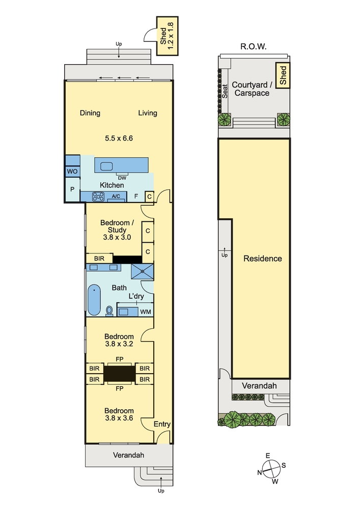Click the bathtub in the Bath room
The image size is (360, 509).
[94, 300]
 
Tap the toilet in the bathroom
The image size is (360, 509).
[109, 310]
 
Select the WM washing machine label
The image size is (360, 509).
[146, 312]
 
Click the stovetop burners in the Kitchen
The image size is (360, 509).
[98, 196]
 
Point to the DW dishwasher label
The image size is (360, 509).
[122, 178]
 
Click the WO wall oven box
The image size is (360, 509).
[72, 171]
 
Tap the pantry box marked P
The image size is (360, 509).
[72, 189]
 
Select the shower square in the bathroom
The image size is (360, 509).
[143, 271]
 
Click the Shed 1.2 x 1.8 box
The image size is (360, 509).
[167, 36]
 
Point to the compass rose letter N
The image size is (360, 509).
[259, 473]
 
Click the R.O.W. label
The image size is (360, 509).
[254, 46]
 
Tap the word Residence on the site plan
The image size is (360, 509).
[263, 259]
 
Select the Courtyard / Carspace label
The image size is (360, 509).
[252, 89]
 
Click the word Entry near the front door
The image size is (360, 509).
[162, 424]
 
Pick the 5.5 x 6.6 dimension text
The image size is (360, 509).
[119, 138]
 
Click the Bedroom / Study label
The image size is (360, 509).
[117, 227]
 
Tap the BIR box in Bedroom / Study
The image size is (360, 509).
[99, 259]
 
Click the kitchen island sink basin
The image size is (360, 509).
[106, 166]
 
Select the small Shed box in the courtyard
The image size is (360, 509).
[283, 75]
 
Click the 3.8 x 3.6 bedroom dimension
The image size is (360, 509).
[119, 418]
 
